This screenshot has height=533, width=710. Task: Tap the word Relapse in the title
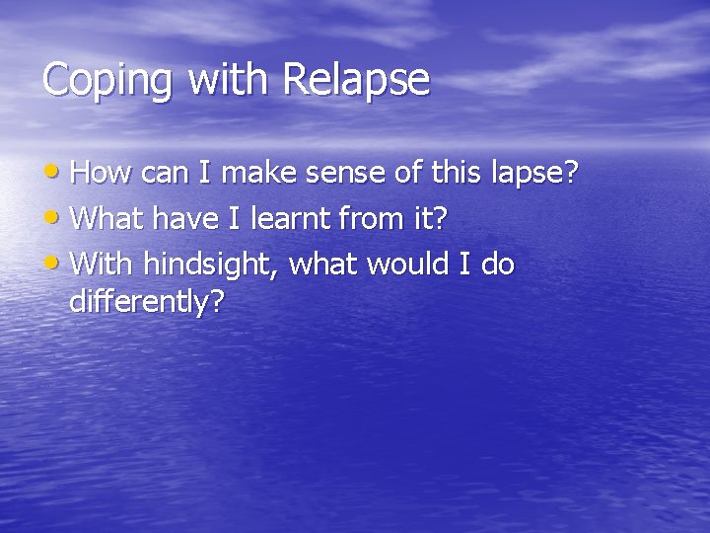point(357,79)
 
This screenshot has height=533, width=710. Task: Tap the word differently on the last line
point(146,302)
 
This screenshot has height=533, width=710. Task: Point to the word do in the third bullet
point(497,265)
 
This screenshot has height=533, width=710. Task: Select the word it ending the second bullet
point(426,219)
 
